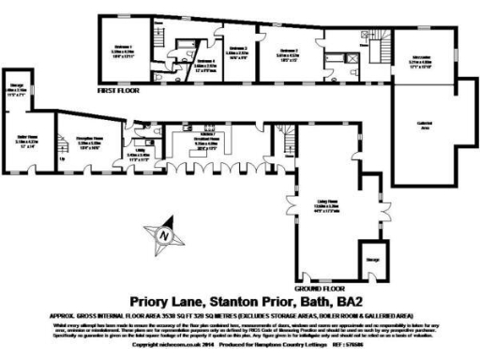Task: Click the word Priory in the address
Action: tap(149, 300)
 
